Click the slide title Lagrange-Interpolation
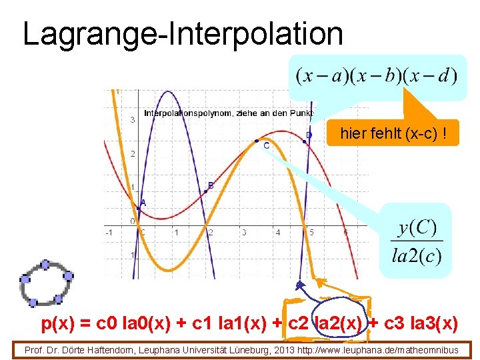point(183,33)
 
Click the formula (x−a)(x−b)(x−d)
point(377,75)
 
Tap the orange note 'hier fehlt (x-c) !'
point(389,134)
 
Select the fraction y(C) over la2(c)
point(417,241)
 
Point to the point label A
point(143,202)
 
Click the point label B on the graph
point(211,185)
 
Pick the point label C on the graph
point(266,145)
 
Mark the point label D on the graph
point(309,135)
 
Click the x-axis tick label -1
point(109,233)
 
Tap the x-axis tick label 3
point(244,233)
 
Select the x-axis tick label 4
point(278,233)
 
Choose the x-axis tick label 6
point(345,233)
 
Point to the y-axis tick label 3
point(133,120)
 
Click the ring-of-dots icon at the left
point(45,282)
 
